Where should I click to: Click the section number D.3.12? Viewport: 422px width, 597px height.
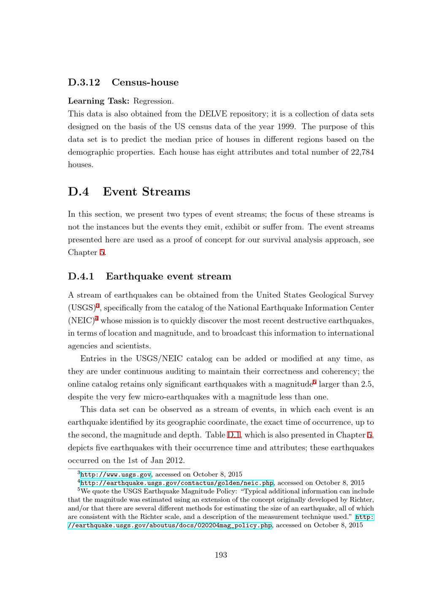pyautogui.click(x=84, y=82)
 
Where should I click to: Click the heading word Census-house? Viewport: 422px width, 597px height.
pyautogui.click(x=145, y=82)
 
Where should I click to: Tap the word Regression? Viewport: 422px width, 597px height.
pyautogui.click(x=153, y=101)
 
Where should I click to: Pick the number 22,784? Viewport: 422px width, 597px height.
pyautogui.click(x=362, y=152)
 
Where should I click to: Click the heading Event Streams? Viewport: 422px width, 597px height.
pyautogui.click(x=146, y=192)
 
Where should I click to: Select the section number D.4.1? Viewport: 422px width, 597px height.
pyautogui.click(x=81, y=277)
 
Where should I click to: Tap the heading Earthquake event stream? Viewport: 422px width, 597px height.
pyautogui.click(x=168, y=277)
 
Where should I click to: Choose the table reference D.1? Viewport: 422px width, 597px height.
pyautogui.click(x=234, y=435)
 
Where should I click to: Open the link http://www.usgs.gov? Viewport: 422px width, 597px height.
pyautogui.click(x=116, y=475)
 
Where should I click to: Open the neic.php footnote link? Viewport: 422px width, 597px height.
pyautogui.click(x=177, y=483)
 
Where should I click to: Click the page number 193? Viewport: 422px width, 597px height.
pyautogui.click(x=221, y=555)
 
